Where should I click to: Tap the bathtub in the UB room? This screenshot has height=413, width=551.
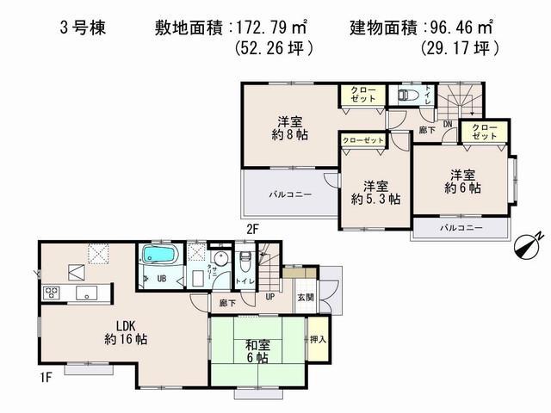pyautogui.click(x=159, y=256)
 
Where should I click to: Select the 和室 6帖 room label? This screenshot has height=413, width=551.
pyautogui.click(x=257, y=351)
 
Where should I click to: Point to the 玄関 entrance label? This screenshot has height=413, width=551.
pyautogui.click(x=306, y=297)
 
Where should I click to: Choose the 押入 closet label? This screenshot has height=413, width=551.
pyautogui.click(x=318, y=341)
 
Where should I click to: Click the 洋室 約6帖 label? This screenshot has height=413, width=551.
pyautogui.click(x=462, y=180)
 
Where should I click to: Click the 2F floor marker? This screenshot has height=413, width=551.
pyautogui.click(x=251, y=229)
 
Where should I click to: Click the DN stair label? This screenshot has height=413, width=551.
pyautogui.click(x=448, y=124)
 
